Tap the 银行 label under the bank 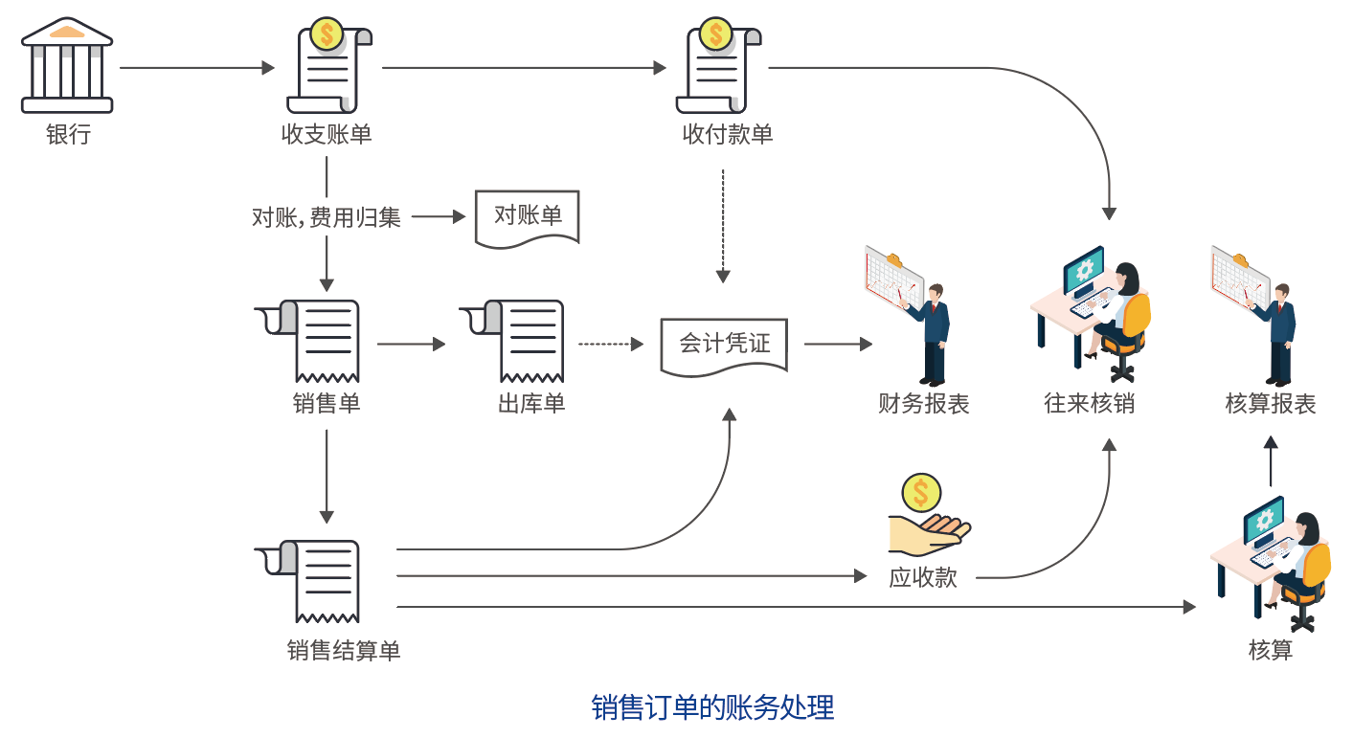click(68, 134)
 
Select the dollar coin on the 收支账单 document click(327, 35)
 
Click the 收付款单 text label click(727, 134)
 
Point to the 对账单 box click(528, 218)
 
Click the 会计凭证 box click(724, 344)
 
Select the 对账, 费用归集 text click(326, 218)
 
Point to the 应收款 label click(923, 577)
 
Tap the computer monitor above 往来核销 click(1084, 271)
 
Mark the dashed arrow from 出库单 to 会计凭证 click(610, 344)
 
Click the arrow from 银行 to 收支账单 click(196, 68)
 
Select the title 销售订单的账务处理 click(712, 708)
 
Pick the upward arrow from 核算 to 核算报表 click(1270, 461)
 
